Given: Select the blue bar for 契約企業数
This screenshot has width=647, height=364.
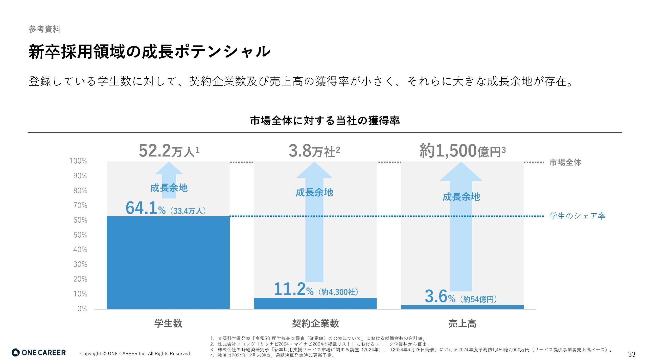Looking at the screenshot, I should [x=315, y=303].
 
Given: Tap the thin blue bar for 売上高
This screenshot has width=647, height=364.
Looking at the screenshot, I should [x=462, y=307].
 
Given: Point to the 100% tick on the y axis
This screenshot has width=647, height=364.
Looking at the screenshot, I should [x=78, y=161].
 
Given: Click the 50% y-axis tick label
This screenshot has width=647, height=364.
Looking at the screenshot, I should [x=80, y=235].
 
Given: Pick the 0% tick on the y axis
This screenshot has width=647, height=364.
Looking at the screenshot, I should [x=82, y=309].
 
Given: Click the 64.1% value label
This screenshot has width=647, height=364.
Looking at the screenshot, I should [x=145, y=208].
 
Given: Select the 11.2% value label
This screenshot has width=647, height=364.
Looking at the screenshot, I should [x=293, y=289].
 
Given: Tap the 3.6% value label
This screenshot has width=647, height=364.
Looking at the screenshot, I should [x=440, y=296].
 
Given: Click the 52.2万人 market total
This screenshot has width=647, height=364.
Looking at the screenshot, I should [x=169, y=151].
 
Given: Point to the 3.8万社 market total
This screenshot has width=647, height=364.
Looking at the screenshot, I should [x=314, y=151].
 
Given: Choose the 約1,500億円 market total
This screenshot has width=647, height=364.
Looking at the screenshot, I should [x=462, y=151].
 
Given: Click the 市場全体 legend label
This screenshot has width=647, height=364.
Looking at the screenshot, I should [x=565, y=162].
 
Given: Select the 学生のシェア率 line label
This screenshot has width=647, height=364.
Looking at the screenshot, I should [x=577, y=216].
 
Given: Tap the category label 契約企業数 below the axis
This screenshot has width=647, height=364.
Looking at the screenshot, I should [x=315, y=323].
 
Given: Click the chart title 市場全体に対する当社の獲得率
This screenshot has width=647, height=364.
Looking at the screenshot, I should [x=325, y=121].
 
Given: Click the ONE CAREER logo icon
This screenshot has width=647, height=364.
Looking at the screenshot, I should [x=16, y=353].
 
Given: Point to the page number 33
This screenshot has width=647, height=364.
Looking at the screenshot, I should [x=632, y=354].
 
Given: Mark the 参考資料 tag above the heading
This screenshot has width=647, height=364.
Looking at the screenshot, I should [x=44, y=29].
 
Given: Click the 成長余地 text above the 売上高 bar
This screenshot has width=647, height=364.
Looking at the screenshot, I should [x=461, y=197].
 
